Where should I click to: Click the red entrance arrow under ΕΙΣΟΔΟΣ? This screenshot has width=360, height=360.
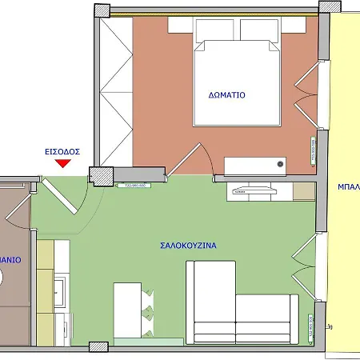tap(62, 163)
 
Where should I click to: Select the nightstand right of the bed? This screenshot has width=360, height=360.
tap(290, 26)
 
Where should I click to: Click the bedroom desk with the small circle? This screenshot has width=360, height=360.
tap(255, 165)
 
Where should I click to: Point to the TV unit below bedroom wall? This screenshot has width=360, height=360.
tap(253, 190)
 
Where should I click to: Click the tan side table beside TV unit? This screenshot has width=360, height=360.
tap(303, 190)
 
